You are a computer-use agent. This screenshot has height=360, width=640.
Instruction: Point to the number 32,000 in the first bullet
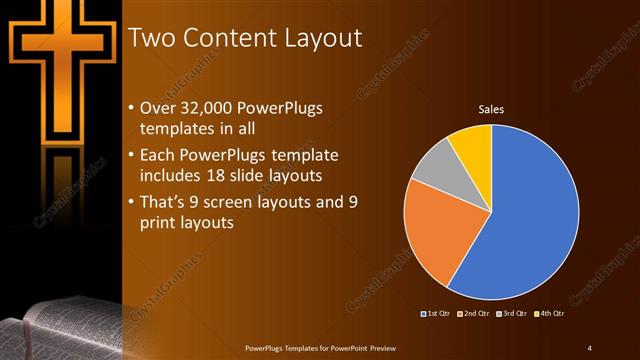click(x=210, y=107)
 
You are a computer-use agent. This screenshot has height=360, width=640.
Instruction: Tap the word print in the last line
click(x=160, y=224)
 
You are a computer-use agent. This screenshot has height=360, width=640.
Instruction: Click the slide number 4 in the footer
click(x=590, y=348)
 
